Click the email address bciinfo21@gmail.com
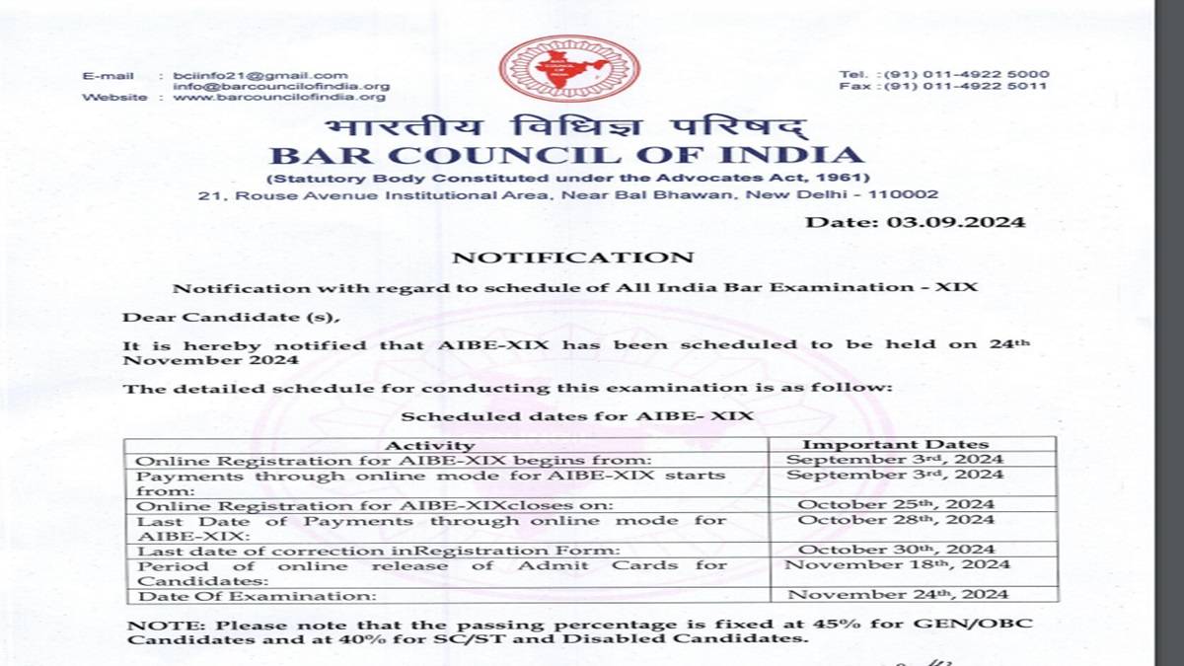(260, 75)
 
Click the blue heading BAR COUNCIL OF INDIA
(567, 155)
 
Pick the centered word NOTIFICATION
(572, 258)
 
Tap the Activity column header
(429, 445)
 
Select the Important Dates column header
(895, 445)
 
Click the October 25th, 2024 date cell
(896, 504)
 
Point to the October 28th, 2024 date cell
(896, 520)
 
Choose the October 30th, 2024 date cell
(896, 550)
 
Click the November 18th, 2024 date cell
(896, 565)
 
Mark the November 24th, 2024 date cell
(896, 595)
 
